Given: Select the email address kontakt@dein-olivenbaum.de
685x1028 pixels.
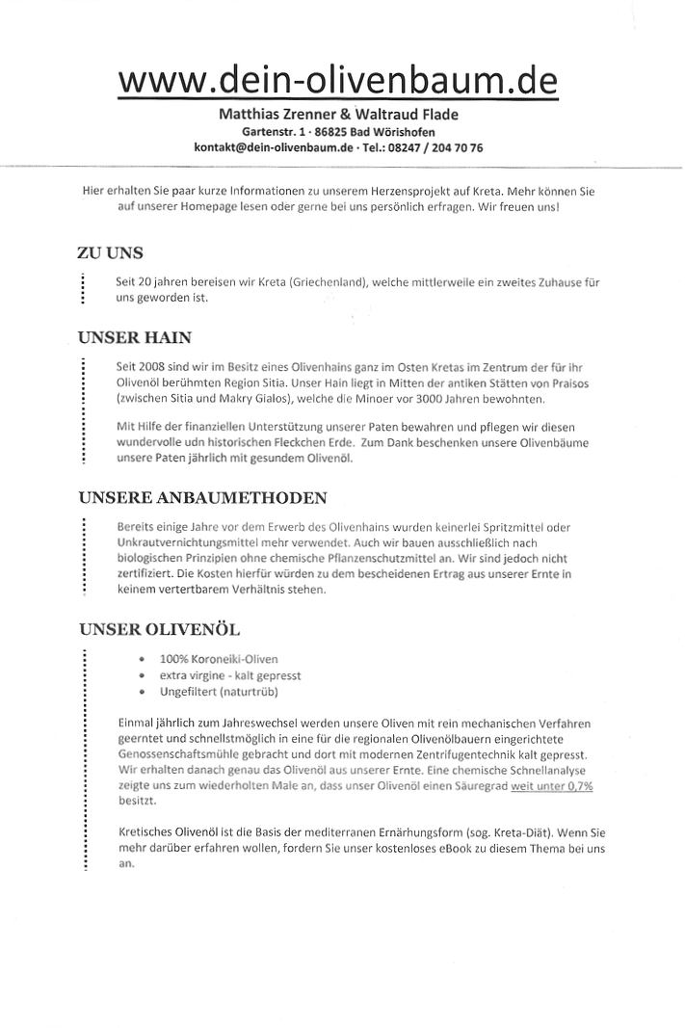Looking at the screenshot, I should point(274,147).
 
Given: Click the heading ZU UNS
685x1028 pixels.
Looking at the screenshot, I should point(110,253).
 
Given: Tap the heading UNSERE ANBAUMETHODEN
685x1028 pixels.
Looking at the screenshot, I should point(202,497).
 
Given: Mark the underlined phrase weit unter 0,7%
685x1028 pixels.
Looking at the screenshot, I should point(552,786).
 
